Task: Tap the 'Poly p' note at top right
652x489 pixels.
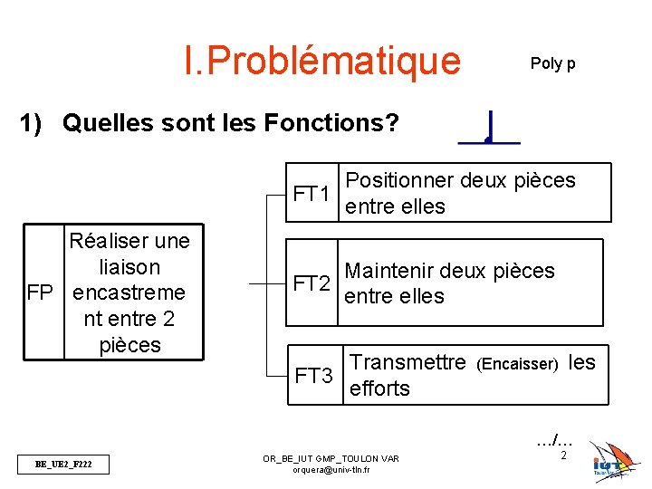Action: tap(552, 63)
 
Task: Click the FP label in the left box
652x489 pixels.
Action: tap(42, 293)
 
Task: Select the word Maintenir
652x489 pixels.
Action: tap(399, 271)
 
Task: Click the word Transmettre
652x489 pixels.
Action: tap(407, 362)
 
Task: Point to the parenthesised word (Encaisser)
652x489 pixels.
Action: tap(517, 364)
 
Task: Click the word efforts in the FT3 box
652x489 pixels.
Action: tap(379, 388)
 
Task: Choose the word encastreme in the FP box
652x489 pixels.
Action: tap(129, 293)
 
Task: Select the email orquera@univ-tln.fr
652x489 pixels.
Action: tap(331, 471)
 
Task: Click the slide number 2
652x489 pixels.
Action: tap(563, 455)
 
